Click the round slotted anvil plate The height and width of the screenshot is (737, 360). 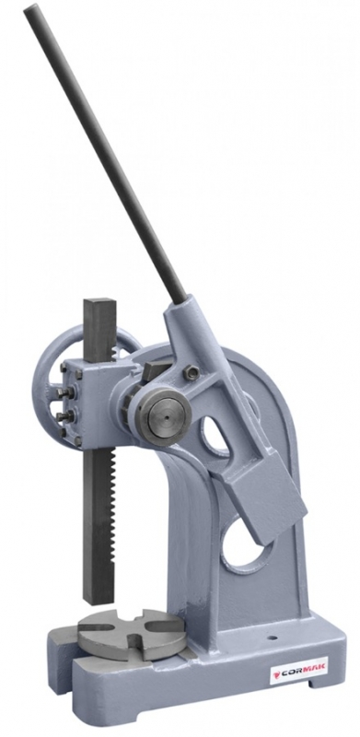point(131,633)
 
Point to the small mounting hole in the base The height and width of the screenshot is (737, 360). point(273,639)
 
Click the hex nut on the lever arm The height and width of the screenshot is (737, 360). point(191,373)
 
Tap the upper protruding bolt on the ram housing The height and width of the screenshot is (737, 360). point(64,392)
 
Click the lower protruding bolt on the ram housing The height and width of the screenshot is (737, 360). point(63,415)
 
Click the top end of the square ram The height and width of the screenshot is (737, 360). point(99,302)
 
